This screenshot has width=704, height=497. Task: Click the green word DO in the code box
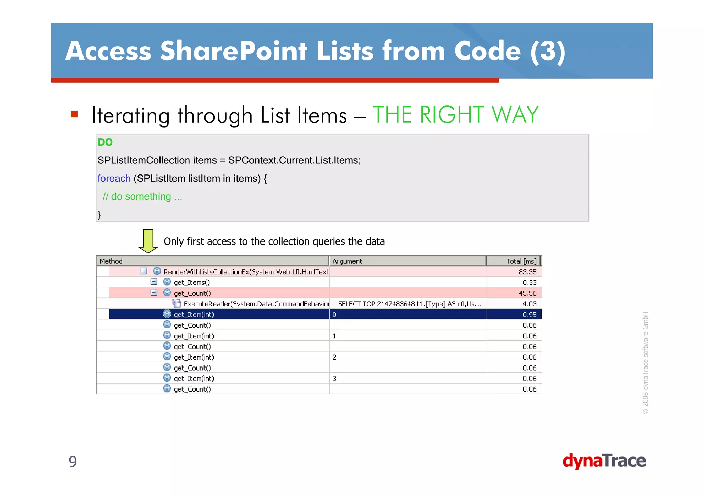click(x=105, y=142)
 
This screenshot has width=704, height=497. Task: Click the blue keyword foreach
click(x=114, y=179)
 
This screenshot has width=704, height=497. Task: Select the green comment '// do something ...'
click(x=142, y=196)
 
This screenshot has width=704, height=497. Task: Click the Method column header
click(x=111, y=261)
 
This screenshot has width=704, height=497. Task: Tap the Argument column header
click(x=347, y=261)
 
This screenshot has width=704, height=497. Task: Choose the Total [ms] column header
click(x=521, y=261)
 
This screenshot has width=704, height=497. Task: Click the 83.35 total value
click(x=527, y=272)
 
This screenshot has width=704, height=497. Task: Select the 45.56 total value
click(x=527, y=293)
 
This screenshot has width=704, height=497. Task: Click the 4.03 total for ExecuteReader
click(x=529, y=304)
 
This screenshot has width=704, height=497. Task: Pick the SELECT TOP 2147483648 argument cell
click(x=409, y=304)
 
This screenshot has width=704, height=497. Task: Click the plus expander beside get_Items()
click(x=154, y=282)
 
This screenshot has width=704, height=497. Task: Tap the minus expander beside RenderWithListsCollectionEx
click(x=144, y=271)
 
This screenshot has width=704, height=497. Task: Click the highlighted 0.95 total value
click(x=529, y=315)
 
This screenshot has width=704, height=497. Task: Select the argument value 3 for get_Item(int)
click(x=334, y=379)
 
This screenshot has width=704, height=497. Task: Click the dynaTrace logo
click(x=604, y=461)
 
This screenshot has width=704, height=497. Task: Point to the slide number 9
click(x=73, y=461)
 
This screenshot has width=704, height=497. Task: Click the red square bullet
click(x=74, y=114)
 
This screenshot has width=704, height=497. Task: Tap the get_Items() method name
click(x=191, y=283)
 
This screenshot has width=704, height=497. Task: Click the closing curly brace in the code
click(x=99, y=215)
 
